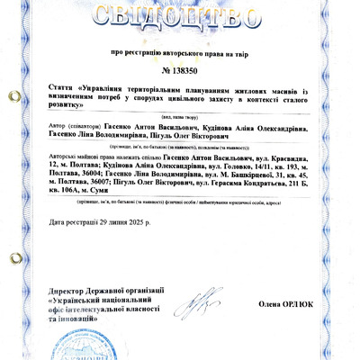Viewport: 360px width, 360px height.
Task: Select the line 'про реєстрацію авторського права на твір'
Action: click(180, 53)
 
